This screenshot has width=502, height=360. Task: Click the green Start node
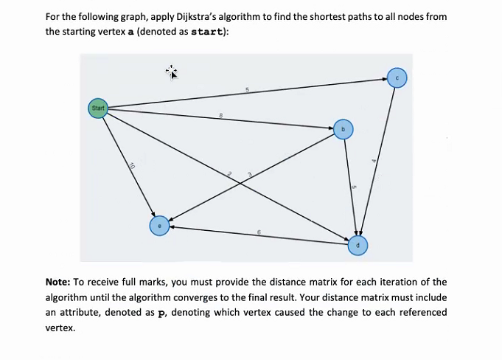pyautogui.click(x=98, y=108)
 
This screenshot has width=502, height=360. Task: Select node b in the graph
pyautogui.click(x=343, y=129)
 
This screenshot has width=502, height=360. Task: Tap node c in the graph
pyautogui.click(x=397, y=77)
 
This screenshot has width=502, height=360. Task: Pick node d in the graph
pyautogui.click(x=358, y=245)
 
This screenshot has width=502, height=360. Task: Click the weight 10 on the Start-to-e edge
pyautogui.click(x=131, y=166)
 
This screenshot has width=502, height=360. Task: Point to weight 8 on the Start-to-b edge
pyautogui.click(x=222, y=114)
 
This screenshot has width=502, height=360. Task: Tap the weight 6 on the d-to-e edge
pyautogui.click(x=259, y=232)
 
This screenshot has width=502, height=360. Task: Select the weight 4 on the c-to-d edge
pyautogui.click(x=374, y=161)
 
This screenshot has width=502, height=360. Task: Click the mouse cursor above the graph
pyautogui.click(x=172, y=72)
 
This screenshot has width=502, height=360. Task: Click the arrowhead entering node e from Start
pyautogui.click(x=152, y=214)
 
